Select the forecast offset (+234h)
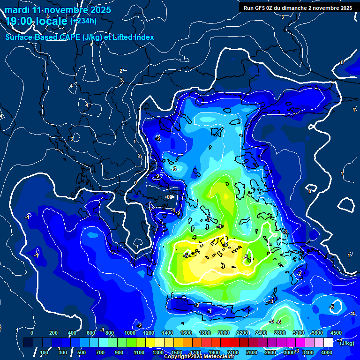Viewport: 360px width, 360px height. tap(83, 21)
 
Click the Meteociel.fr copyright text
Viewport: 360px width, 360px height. tap(199, 357)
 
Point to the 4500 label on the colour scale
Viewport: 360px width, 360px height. tap(336, 333)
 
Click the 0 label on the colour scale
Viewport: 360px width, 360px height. tap(32, 333)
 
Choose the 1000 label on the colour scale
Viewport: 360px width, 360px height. tap(129, 333)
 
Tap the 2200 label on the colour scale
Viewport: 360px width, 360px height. tap(242, 333)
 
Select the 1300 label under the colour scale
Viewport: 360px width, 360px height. tap(157, 352)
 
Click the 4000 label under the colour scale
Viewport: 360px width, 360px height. tap(327, 352)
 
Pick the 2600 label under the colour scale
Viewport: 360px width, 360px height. tap(270, 352)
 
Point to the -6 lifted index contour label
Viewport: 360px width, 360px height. tap(279, 322)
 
